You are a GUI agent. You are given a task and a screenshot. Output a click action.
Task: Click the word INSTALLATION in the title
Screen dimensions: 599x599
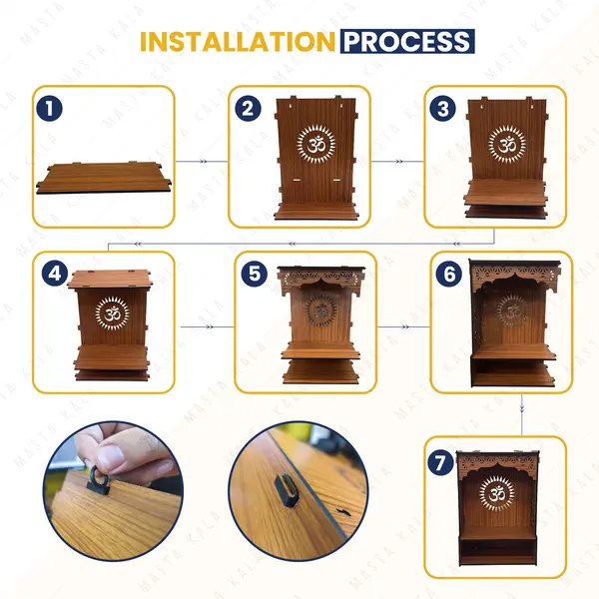point(238,41)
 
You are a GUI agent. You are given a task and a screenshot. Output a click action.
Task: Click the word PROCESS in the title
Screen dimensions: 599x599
point(407,41)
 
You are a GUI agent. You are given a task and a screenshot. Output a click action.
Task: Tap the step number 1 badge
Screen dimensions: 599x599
point(49,109)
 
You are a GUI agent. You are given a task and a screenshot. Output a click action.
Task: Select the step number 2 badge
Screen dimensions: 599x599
point(248,109)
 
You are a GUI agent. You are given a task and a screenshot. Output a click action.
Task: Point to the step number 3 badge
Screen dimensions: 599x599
point(442,109)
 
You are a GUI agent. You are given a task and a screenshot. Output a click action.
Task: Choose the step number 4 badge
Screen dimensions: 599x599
point(55,274)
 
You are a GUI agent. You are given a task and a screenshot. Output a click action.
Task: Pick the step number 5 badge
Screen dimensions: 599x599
point(254,274)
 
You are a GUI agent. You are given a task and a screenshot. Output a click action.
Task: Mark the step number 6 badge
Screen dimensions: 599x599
point(449,274)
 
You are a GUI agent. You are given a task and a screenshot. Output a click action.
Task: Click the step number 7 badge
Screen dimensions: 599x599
point(440,462)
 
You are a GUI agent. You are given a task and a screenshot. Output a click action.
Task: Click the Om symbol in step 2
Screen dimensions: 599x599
point(316,145)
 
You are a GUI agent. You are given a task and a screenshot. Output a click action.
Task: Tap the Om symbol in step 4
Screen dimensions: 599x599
point(112,314)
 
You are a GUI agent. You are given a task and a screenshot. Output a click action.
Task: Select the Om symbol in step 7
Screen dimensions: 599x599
point(497,493)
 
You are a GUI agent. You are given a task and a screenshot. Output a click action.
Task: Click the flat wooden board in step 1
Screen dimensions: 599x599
point(104,178)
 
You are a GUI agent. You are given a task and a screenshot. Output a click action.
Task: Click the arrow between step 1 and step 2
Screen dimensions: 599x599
point(202,162)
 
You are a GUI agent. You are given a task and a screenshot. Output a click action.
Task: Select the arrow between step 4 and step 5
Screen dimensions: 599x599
point(207,327)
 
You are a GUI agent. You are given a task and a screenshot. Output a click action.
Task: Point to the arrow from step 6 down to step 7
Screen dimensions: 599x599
point(522,414)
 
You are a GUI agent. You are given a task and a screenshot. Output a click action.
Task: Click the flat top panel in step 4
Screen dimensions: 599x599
point(110,279)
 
